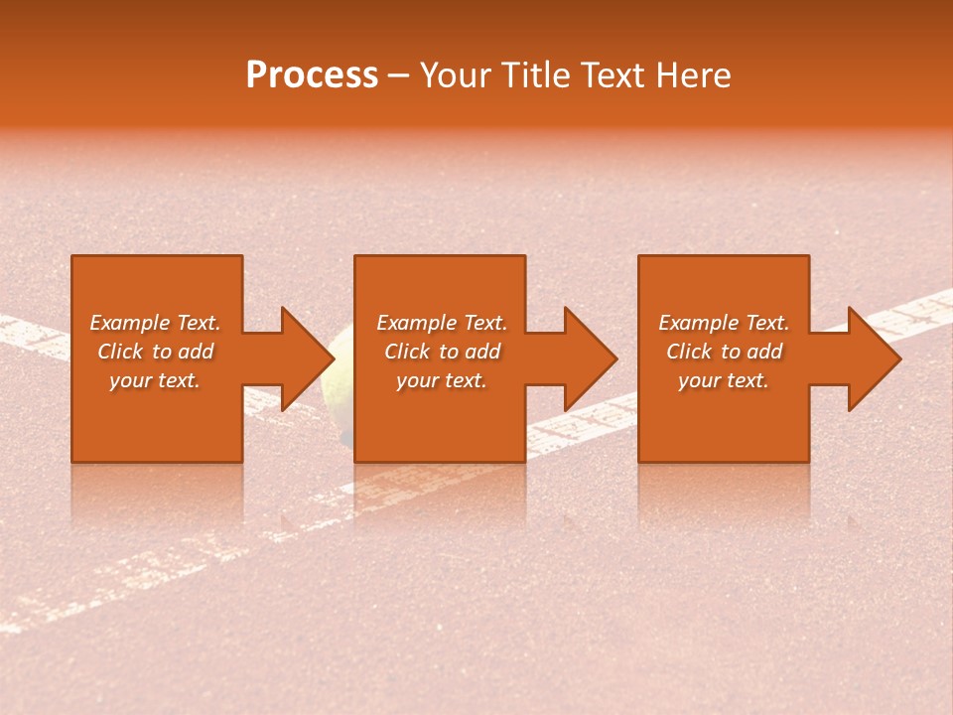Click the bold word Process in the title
312,74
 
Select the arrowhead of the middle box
579,358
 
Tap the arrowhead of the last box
863,358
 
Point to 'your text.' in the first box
155,380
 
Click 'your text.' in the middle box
441,380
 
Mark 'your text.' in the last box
723,380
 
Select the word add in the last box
763,352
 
